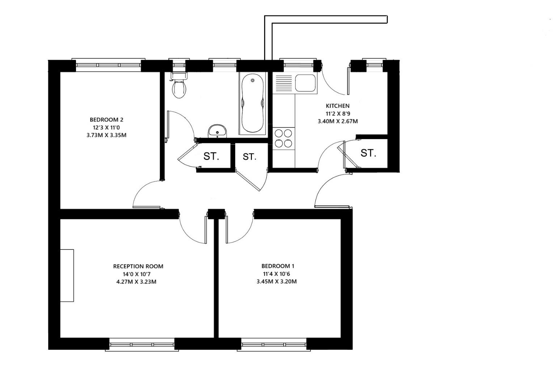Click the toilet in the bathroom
[179, 85]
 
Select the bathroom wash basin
[217, 131]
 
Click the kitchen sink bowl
[305, 83]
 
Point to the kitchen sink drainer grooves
[284, 83]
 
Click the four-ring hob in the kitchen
[283, 138]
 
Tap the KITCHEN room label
[337, 106]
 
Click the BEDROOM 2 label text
[106, 120]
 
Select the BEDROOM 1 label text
[278, 266]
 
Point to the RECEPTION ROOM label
[138, 266]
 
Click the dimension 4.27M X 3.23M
[136, 282]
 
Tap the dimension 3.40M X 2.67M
[337, 121]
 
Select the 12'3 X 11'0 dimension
[106, 127]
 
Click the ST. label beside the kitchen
[368, 153]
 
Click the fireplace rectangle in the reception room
[67, 276]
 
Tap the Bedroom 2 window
[108, 65]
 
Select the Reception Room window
[142, 344]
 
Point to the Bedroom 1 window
[274, 344]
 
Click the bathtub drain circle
[253, 80]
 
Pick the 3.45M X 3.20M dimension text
[276, 281]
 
